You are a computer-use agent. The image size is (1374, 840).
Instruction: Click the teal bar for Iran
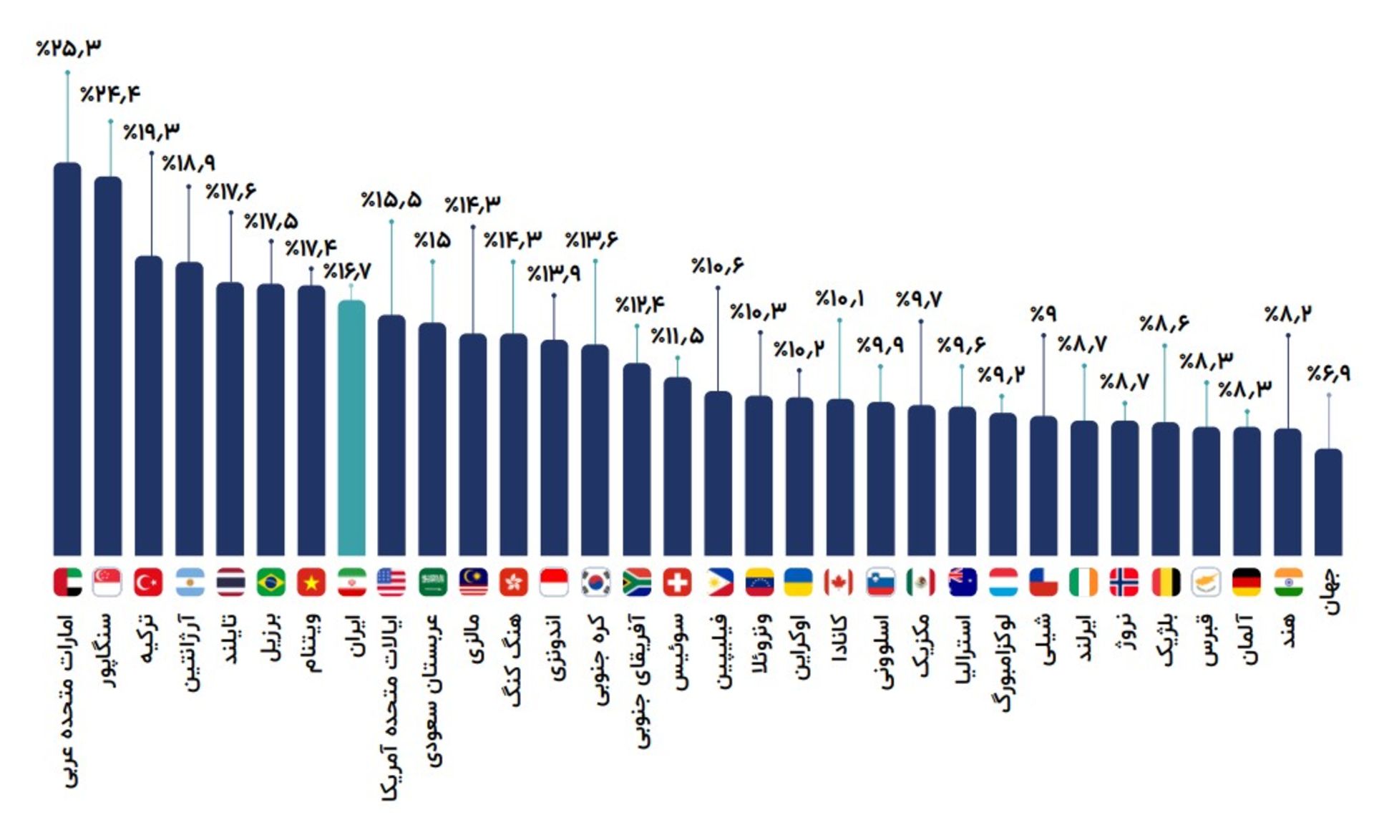pyautogui.click(x=351, y=429)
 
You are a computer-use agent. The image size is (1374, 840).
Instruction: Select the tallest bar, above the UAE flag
pyautogui.click(x=67, y=358)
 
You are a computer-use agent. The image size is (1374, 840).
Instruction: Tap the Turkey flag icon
pyautogui.click(x=148, y=582)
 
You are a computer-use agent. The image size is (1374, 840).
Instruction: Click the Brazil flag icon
pyautogui.click(x=271, y=582)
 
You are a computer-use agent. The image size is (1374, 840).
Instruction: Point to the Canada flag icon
pyautogui.click(x=839, y=582)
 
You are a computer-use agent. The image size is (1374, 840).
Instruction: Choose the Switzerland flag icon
pyautogui.click(x=677, y=582)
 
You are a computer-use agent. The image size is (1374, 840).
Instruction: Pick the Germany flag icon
pyautogui.click(x=1247, y=582)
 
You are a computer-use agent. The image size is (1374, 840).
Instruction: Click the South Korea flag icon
pyautogui.click(x=595, y=582)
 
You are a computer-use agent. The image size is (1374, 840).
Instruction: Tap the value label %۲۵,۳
pyautogui.click(x=69, y=48)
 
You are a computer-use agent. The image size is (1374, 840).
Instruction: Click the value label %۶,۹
pyautogui.click(x=1328, y=373)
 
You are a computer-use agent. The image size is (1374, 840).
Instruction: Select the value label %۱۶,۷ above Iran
pyautogui.click(x=347, y=272)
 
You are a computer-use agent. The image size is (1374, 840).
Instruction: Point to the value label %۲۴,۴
pyautogui.click(x=110, y=94)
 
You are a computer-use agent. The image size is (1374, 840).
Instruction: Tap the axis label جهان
pyautogui.click(x=1330, y=592)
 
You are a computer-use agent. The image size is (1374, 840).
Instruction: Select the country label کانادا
pyautogui.click(x=839, y=638)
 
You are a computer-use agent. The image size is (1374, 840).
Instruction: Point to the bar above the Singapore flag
pyautogui.click(x=108, y=365)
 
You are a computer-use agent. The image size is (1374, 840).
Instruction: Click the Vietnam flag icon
pyautogui.click(x=311, y=582)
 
